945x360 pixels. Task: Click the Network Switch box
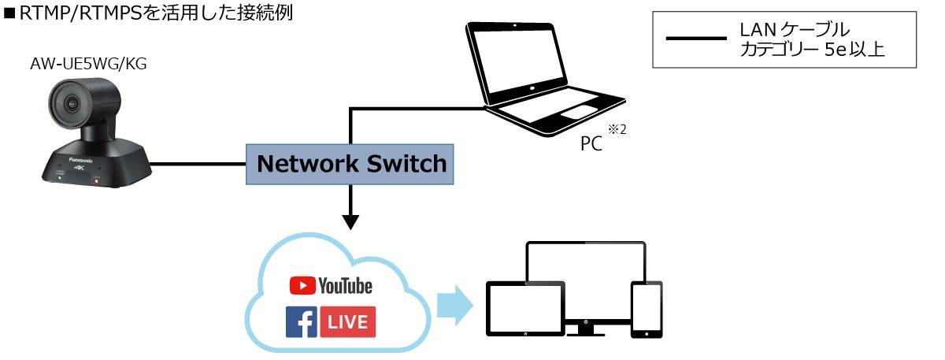[x=351, y=164]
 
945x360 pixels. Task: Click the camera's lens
[x=70, y=103]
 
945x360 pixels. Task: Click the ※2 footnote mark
[x=617, y=130]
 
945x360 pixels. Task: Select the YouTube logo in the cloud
[x=331, y=285]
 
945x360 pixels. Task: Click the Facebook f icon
[x=302, y=322]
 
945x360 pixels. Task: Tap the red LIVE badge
[x=347, y=322]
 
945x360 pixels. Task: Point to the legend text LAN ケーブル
[x=794, y=29]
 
